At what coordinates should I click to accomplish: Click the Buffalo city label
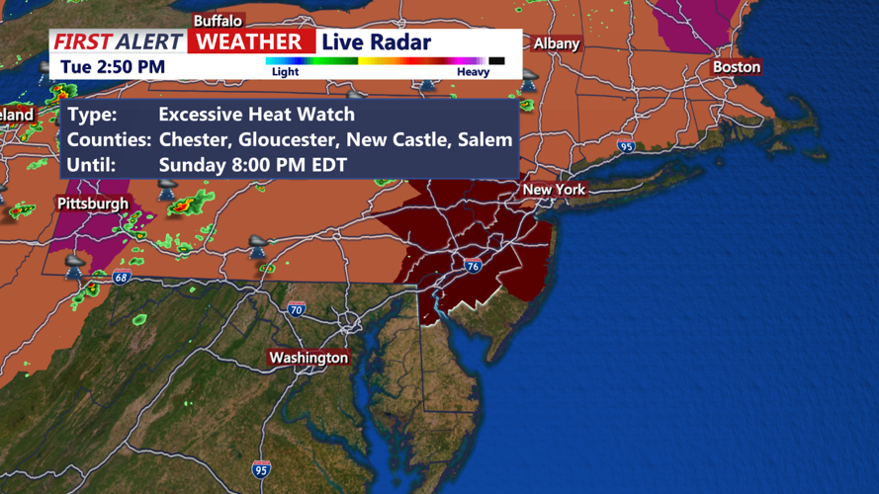(217, 21)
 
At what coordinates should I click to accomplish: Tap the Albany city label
(556, 43)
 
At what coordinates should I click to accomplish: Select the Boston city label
(737, 66)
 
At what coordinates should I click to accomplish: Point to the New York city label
(554, 189)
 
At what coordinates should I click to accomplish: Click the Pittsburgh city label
(93, 204)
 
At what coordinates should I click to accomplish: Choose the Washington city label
(308, 357)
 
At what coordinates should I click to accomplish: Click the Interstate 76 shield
(474, 267)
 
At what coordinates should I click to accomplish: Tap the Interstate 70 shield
(297, 309)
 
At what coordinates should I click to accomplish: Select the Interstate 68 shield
(122, 278)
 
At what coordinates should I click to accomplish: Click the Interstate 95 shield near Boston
(626, 146)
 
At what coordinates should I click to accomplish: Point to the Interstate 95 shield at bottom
(261, 468)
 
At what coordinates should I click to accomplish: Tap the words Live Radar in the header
(377, 41)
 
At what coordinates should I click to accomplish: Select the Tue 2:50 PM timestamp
(112, 67)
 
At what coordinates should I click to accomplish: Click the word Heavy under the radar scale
(473, 72)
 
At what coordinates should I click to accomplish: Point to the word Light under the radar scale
(285, 72)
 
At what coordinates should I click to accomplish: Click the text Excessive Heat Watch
(256, 114)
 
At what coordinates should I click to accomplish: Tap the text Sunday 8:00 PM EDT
(252, 165)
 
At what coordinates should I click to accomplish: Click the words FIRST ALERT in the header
(119, 41)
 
